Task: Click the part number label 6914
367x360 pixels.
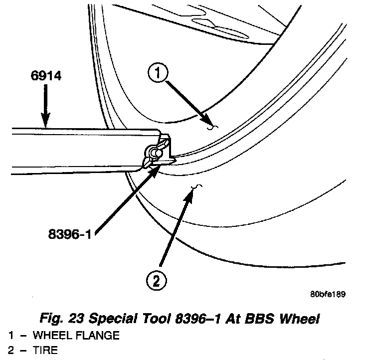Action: (x=45, y=77)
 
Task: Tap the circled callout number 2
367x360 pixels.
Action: (x=156, y=281)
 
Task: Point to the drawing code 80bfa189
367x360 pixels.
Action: (x=327, y=294)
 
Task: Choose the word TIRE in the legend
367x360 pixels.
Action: (x=45, y=350)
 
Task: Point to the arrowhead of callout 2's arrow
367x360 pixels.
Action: (x=191, y=192)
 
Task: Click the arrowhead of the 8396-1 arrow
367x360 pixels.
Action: (x=157, y=169)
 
